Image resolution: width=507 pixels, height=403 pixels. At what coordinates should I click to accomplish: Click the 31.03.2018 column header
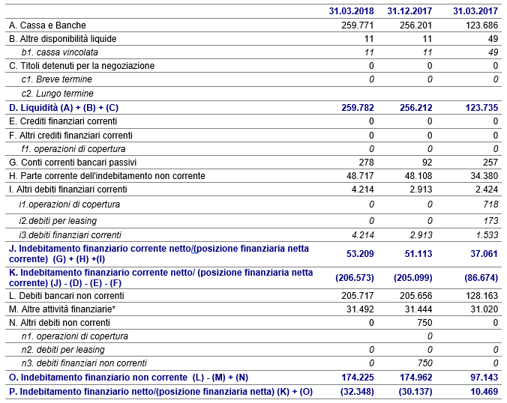352,11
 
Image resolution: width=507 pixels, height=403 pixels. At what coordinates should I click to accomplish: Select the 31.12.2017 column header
409,11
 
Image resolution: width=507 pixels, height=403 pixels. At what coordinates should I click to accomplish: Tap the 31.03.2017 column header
475,11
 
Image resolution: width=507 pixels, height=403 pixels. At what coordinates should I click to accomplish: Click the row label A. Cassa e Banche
42,25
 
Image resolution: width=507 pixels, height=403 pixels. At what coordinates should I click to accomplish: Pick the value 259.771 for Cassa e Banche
357,25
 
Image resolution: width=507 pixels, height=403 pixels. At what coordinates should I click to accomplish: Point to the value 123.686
481,25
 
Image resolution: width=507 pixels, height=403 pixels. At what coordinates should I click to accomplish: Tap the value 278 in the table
366,162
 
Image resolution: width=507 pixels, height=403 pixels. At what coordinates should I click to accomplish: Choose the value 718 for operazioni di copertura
490,204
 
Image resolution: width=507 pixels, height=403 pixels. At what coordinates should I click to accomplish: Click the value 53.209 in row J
358,253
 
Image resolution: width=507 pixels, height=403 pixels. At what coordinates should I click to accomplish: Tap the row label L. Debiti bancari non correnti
62,295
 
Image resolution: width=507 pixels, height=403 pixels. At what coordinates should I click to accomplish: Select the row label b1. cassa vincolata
59,52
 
